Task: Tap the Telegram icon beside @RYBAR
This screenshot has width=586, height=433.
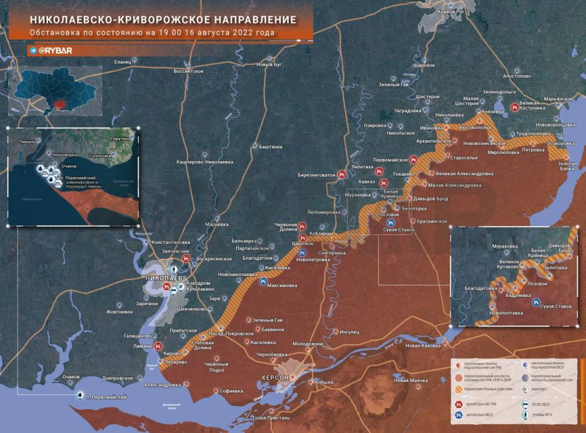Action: click(33, 51)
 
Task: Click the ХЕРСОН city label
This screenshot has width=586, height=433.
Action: click(275, 378)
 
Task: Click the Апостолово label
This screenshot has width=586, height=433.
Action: click(516, 76)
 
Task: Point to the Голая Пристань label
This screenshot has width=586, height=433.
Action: click(270, 418)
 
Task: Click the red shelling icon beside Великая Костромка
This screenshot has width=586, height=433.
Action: click(514, 107)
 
